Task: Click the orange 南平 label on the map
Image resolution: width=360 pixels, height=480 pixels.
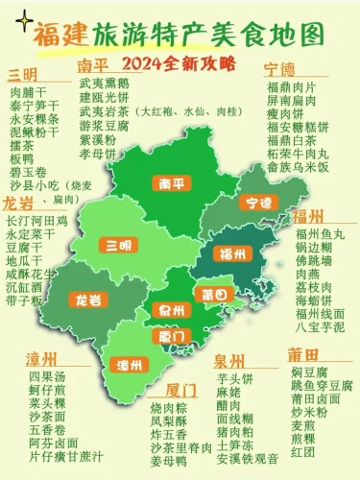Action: coord(173,183)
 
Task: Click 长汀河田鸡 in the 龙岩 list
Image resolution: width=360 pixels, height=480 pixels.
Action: coord(37,221)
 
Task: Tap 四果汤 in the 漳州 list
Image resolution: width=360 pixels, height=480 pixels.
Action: coord(47,377)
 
